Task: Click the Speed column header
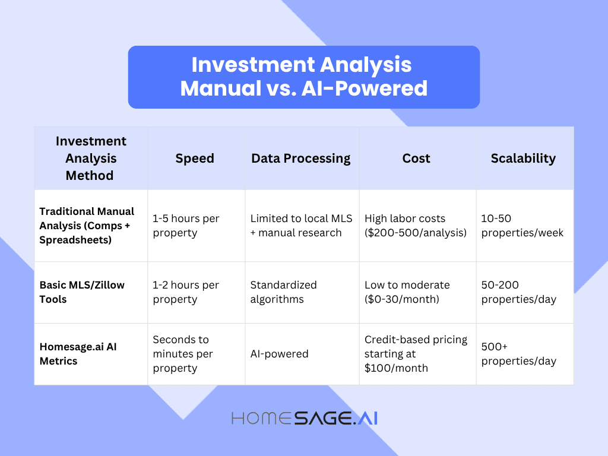coord(195,159)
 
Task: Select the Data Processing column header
coord(301,159)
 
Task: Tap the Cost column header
coord(416,159)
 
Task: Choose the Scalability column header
coord(523,159)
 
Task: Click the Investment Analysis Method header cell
coord(91,159)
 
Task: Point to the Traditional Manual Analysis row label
coord(87,226)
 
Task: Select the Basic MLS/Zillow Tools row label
coord(82,292)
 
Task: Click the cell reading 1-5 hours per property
coord(186,226)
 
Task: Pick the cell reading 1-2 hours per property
coord(186,292)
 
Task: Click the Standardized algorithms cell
coord(284,292)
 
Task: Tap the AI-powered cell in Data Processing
coord(280,354)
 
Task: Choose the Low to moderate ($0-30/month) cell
coord(407,292)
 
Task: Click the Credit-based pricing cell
coord(416,354)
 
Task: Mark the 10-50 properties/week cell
coord(522,226)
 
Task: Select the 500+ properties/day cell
coord(519,354)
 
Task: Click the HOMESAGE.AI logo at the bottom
coord(304,418)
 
